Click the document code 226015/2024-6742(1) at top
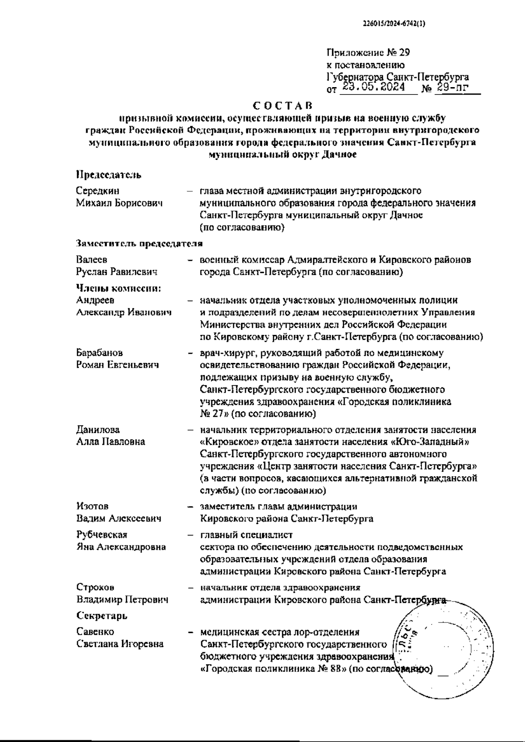pos(394,25)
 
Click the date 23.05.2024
pos(373,88)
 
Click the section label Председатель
pos(108,175)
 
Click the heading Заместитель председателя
pos(139,243)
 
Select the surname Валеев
pos(91,260)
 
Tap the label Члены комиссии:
pos(119,288)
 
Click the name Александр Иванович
pos(124,313)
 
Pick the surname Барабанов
pos(99,352)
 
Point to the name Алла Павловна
pos(110,442)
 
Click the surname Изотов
pos(92,506)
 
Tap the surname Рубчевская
pos(101,535)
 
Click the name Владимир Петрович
pos(122,600)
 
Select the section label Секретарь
pos(101,616)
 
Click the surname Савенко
pos(95,632)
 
